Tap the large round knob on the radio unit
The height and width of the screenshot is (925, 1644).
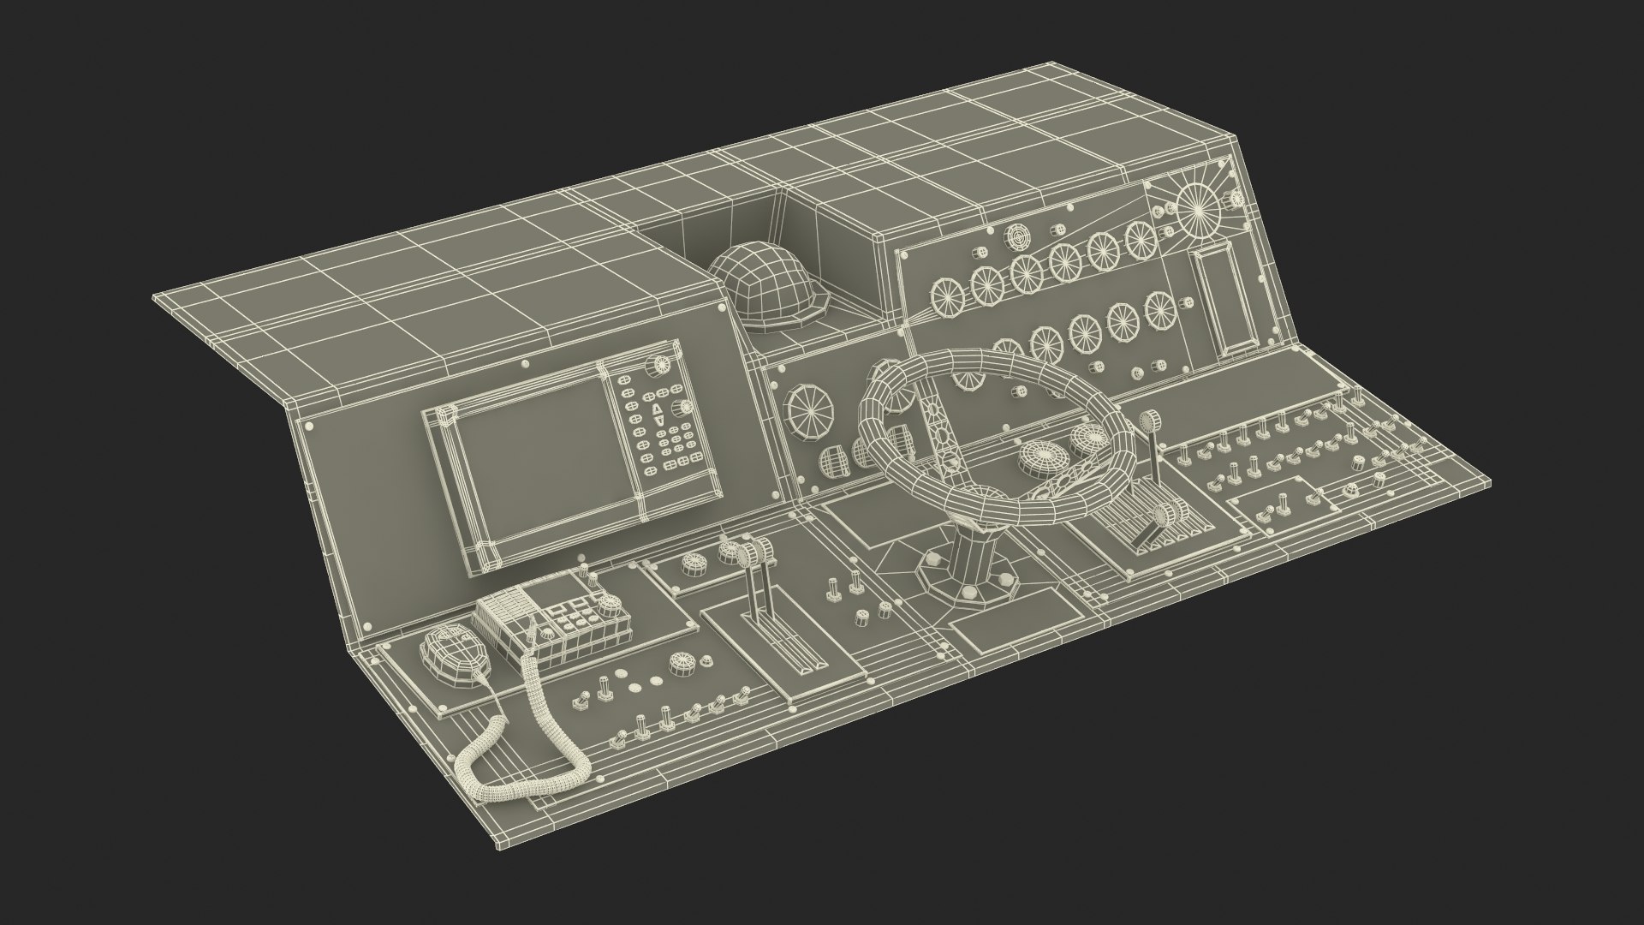(611, 609)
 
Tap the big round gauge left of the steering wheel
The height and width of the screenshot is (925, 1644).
(811, 412)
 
